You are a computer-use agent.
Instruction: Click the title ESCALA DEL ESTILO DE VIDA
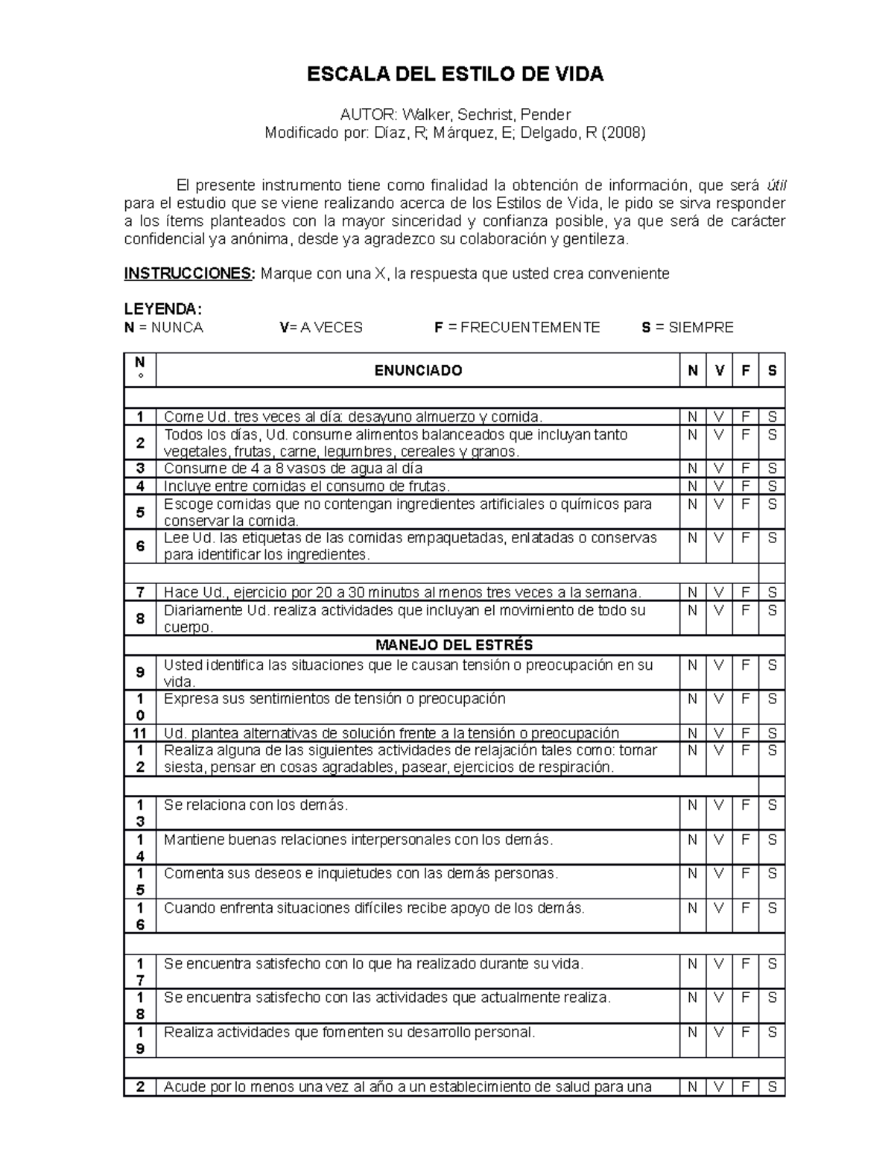pyautogui.click(x=455, y=75)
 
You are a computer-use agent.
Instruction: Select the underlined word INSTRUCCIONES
pyautogui.click(x=188, y=273)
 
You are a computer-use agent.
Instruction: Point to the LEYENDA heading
pyautogui.click(x=162, y=309)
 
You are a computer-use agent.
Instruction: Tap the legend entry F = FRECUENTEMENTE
pyautogui.click(x=517, y=328)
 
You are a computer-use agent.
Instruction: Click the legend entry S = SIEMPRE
pyautogui.click(x=688, y=328)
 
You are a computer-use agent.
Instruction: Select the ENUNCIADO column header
pyautogui.click(x=417, y=370)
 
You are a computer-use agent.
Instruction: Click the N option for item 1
pyautogui.click(x=693, y=417)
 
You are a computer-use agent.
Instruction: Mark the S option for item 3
pyautogui.click(x=772, y=469)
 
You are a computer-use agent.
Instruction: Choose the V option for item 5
pyautogui.click(x=719, y=504)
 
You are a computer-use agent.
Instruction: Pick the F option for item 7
pyautogui.click(x=745, y=593)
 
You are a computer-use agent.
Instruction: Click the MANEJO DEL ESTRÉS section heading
pyautogui.click(x=454, y=645)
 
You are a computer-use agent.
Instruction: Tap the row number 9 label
pyautogui.click(x=140, y=673)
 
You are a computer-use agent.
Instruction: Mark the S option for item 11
pyautogui.click(x=772, y=733)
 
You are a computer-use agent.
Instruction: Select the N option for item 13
pyautogui.click(x=693, y=805)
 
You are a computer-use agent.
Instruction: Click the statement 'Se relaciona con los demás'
pyautogui.click(x=256, y=805)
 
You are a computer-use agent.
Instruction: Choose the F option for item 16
pyautogui.click(x=745, y=908)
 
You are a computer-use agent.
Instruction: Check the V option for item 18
pyautogui.click(x=719, y=998)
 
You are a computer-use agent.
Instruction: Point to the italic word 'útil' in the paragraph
pyautogui.click(x=776, y=186)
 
